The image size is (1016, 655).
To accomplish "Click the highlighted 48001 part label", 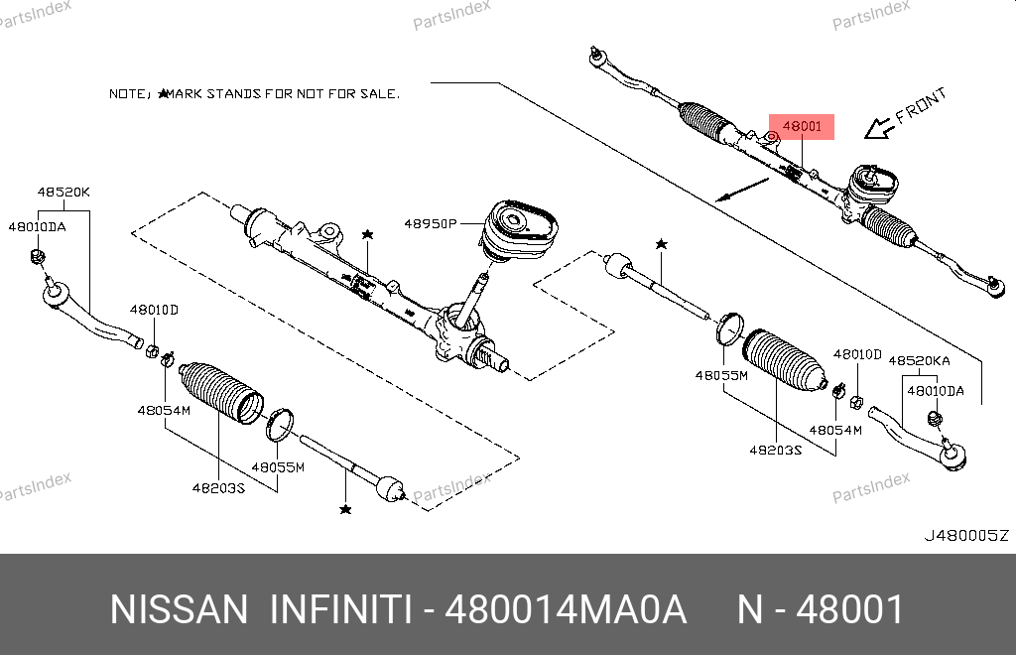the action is point(802,126).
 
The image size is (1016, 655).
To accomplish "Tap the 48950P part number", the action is point(431,223).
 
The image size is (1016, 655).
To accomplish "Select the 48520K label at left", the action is point(63,192).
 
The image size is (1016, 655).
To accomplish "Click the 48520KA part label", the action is point(919,361).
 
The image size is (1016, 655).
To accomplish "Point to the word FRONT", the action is point(921,105).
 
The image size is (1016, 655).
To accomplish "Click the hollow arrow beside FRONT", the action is point(880,128).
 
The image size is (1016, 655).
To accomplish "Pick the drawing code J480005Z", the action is point(966,535).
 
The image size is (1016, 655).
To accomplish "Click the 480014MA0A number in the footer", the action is point(565,609).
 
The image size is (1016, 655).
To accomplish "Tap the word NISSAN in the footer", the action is point(179,609).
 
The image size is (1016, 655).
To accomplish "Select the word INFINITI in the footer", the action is point(340,609).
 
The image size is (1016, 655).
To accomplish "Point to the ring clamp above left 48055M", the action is point(280,425).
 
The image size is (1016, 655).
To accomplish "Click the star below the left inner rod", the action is point(345,509).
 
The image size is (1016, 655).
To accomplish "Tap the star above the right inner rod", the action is point(661,244).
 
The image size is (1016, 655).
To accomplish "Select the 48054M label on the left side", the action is point(164,410).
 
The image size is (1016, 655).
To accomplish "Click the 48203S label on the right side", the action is point(776,450).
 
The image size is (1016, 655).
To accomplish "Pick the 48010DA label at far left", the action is point(37,226).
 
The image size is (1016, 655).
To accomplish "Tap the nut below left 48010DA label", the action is point(38,257).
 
